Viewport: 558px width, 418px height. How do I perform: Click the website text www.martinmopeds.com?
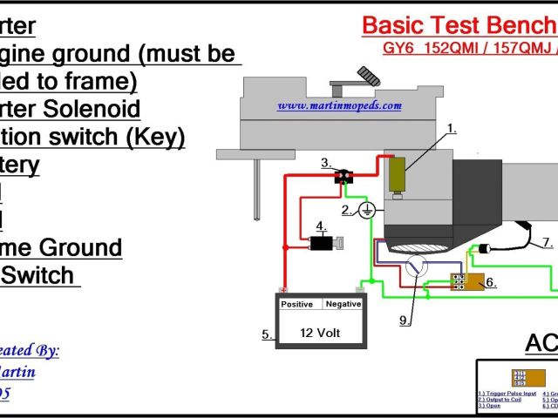(x=339, y=105)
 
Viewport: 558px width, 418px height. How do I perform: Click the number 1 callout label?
(x=452, y=129)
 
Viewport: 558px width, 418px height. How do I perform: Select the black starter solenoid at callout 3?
(x=342, y=177)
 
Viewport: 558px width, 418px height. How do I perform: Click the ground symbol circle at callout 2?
(x=368, y=210)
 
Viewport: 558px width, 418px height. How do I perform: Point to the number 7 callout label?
(x=547, y=242)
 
